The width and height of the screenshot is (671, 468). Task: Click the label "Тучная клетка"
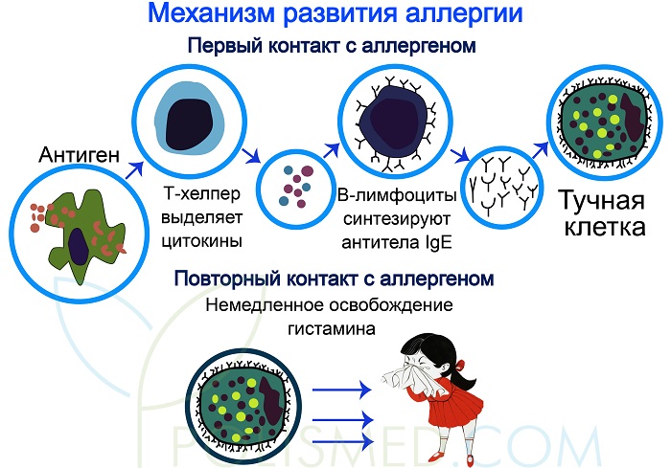click(604, 215)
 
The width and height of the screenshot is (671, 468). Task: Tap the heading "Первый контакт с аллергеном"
click(332, 46)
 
